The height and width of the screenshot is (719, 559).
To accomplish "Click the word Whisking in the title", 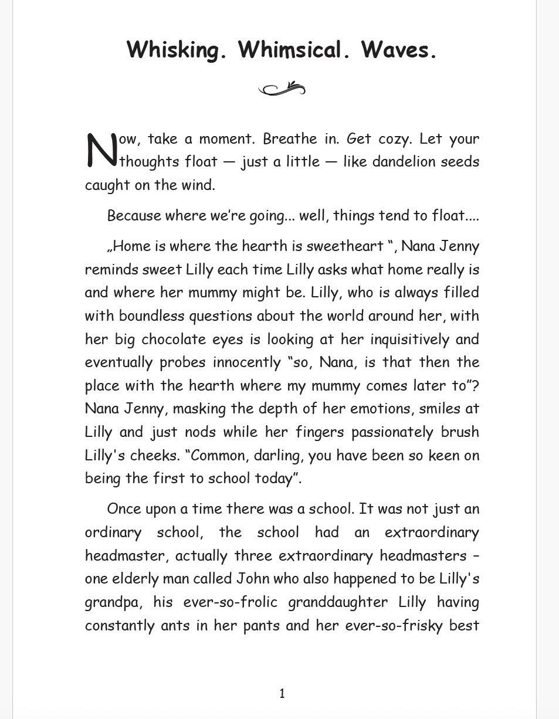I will click(x=177, y=50).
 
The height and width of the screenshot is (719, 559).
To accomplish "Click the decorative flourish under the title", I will click(x=282, y=89).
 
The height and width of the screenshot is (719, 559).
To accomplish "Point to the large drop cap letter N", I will click(x=101, y=150).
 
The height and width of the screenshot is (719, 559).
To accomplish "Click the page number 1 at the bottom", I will click(x=282, y=694).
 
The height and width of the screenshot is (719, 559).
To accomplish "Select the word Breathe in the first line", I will click(x=290, y=139).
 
